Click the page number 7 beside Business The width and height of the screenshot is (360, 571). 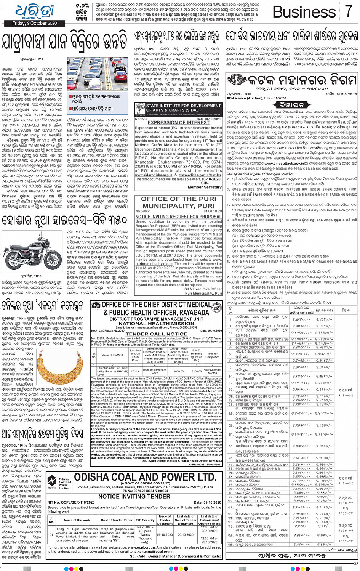pos(348,11)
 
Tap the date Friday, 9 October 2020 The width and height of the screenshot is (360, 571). pos(35,23)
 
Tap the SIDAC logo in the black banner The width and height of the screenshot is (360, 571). pos(140,111)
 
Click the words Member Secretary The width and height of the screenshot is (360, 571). pos(205,187)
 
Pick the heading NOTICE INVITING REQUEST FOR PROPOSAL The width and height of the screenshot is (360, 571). pos(178,217)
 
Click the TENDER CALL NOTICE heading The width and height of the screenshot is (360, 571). pos(156,334)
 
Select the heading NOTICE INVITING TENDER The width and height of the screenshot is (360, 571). pos(134,496)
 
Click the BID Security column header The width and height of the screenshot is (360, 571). pos(145,520)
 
